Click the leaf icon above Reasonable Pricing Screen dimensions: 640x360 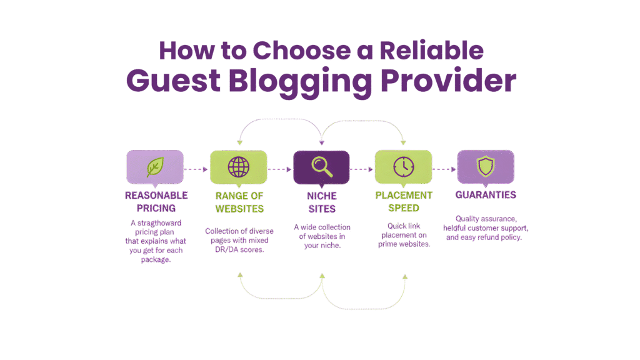[155, 167]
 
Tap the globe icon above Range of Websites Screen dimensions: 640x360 [239, 167]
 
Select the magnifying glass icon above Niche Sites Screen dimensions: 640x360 [322, 167]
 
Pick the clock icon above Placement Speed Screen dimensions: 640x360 [404, 167]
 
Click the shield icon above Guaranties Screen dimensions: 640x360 [486, 166]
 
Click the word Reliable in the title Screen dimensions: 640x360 [431, 51]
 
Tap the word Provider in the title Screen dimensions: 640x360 [449, 80]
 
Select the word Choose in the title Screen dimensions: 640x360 [302, 51]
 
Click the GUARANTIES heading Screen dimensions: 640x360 [486, 195]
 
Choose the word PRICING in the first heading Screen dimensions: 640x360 [156, 208]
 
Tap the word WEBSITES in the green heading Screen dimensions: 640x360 [239, 209]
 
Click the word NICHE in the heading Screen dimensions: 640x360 [322, 196]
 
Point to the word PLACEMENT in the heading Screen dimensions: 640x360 [404, 196]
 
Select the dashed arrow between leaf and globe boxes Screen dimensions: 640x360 [196, 169]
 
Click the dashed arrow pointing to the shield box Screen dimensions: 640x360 [444, 169]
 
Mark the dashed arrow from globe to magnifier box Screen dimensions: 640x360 [280, 169]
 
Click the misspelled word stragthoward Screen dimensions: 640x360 [159, 223]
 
